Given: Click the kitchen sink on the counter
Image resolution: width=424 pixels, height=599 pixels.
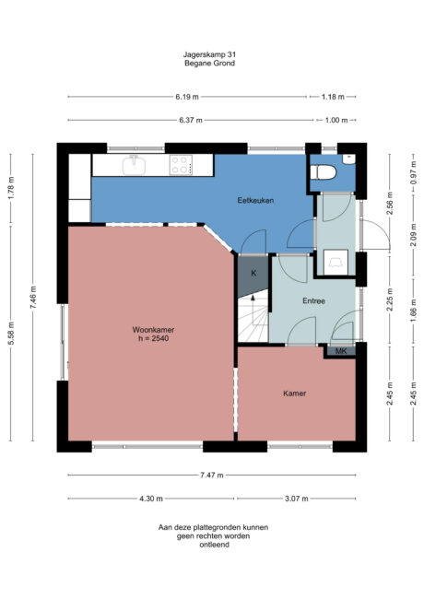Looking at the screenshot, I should [x=135, y=166].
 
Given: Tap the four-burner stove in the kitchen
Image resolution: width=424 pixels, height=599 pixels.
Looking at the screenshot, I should [x=181, y=165].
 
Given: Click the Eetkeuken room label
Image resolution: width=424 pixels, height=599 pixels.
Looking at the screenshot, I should [x=253, y=200].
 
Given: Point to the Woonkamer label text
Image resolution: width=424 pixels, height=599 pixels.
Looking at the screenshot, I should [x=148, y=329].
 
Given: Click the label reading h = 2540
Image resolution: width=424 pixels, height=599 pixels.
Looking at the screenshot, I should [x=148, y=338].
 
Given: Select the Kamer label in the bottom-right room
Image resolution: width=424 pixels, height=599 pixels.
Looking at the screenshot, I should [x=295, y=393].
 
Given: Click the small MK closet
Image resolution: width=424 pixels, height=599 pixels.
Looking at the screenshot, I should [x=340, y=351].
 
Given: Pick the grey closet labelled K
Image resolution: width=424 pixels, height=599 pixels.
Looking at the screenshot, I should [x=253, y=274].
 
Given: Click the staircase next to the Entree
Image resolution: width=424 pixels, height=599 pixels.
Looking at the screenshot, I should [x=252, y=320].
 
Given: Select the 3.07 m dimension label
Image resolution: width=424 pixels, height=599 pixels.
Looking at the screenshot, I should [x=296, y=499].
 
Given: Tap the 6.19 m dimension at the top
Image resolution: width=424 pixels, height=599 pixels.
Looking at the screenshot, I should [x=188, y=97].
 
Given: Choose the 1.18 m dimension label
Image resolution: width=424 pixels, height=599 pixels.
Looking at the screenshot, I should [x=333, y=97].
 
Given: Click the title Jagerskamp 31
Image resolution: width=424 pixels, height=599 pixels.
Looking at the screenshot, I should [x=211, y=55].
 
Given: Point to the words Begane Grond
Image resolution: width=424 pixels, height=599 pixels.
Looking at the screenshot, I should [x=211, y=65].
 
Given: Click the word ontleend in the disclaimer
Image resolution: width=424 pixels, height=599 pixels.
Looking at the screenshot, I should [x=212, y=545].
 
